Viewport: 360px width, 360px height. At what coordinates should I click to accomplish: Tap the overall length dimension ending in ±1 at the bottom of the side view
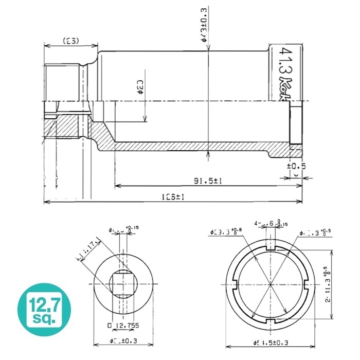(174, 197)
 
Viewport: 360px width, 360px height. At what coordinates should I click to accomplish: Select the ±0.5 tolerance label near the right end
(296, 166)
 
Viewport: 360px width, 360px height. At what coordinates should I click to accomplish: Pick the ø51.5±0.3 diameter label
(272, 342)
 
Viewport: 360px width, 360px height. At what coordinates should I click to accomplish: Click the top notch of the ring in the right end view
(270, 248)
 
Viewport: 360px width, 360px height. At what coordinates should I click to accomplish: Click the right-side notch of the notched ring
(306, 284)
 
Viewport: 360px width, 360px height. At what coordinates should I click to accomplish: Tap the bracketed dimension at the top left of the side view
(70, 41)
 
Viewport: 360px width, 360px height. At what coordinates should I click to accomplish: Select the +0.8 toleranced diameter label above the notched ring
(227, 232)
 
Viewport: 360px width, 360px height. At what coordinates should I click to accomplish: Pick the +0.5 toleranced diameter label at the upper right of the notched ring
(315, 232)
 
